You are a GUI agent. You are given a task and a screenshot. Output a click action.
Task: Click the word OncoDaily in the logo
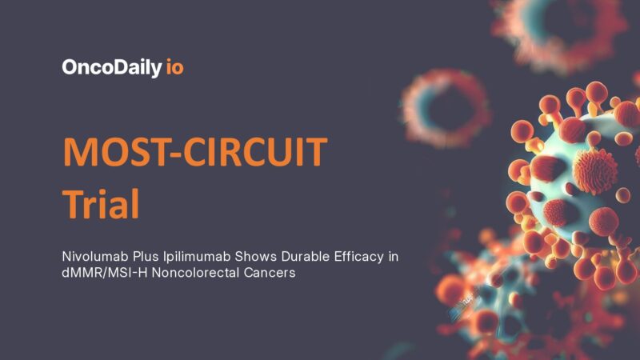pyautogui.click(x=111, y=67)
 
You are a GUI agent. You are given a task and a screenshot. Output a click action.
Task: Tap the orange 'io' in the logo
pyautogui.click(x=174, y=67)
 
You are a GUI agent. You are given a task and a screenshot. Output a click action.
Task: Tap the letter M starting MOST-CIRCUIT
pyautogui.click(x=78, y=152)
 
